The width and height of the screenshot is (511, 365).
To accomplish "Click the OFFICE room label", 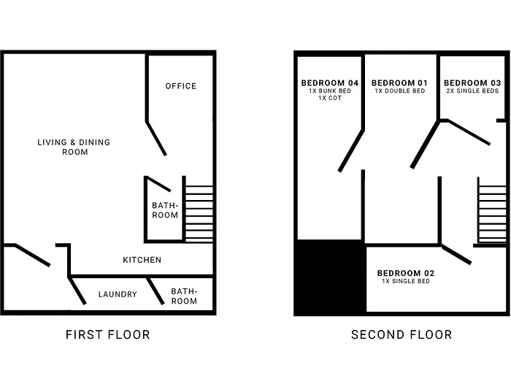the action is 181,86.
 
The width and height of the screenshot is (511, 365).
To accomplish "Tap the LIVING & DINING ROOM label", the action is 74,147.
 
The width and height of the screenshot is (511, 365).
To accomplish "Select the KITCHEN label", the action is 142,260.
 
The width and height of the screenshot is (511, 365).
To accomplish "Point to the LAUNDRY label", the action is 118,294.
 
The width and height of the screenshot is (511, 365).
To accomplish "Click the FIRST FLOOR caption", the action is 108,334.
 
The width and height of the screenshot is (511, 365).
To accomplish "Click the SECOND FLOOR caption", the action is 401,334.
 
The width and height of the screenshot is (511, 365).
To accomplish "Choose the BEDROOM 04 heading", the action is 330,83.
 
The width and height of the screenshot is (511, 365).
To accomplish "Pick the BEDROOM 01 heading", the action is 399,83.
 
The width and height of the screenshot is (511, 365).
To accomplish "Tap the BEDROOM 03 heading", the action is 472,83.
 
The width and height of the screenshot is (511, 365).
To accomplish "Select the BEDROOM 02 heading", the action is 406,273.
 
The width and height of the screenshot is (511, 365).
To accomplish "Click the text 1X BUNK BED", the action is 330,91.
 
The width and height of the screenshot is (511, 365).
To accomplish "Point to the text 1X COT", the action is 330,98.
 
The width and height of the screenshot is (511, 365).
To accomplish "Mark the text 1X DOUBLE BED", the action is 400,91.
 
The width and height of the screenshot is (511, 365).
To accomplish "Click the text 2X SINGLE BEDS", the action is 472,91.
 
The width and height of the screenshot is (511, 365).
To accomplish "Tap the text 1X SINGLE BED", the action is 406,281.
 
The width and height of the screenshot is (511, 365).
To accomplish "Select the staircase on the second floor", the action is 491,211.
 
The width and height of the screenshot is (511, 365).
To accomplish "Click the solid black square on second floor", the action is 330,277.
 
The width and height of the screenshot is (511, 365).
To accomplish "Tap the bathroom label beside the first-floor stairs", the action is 165,210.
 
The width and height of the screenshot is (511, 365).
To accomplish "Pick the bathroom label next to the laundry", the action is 184,296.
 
